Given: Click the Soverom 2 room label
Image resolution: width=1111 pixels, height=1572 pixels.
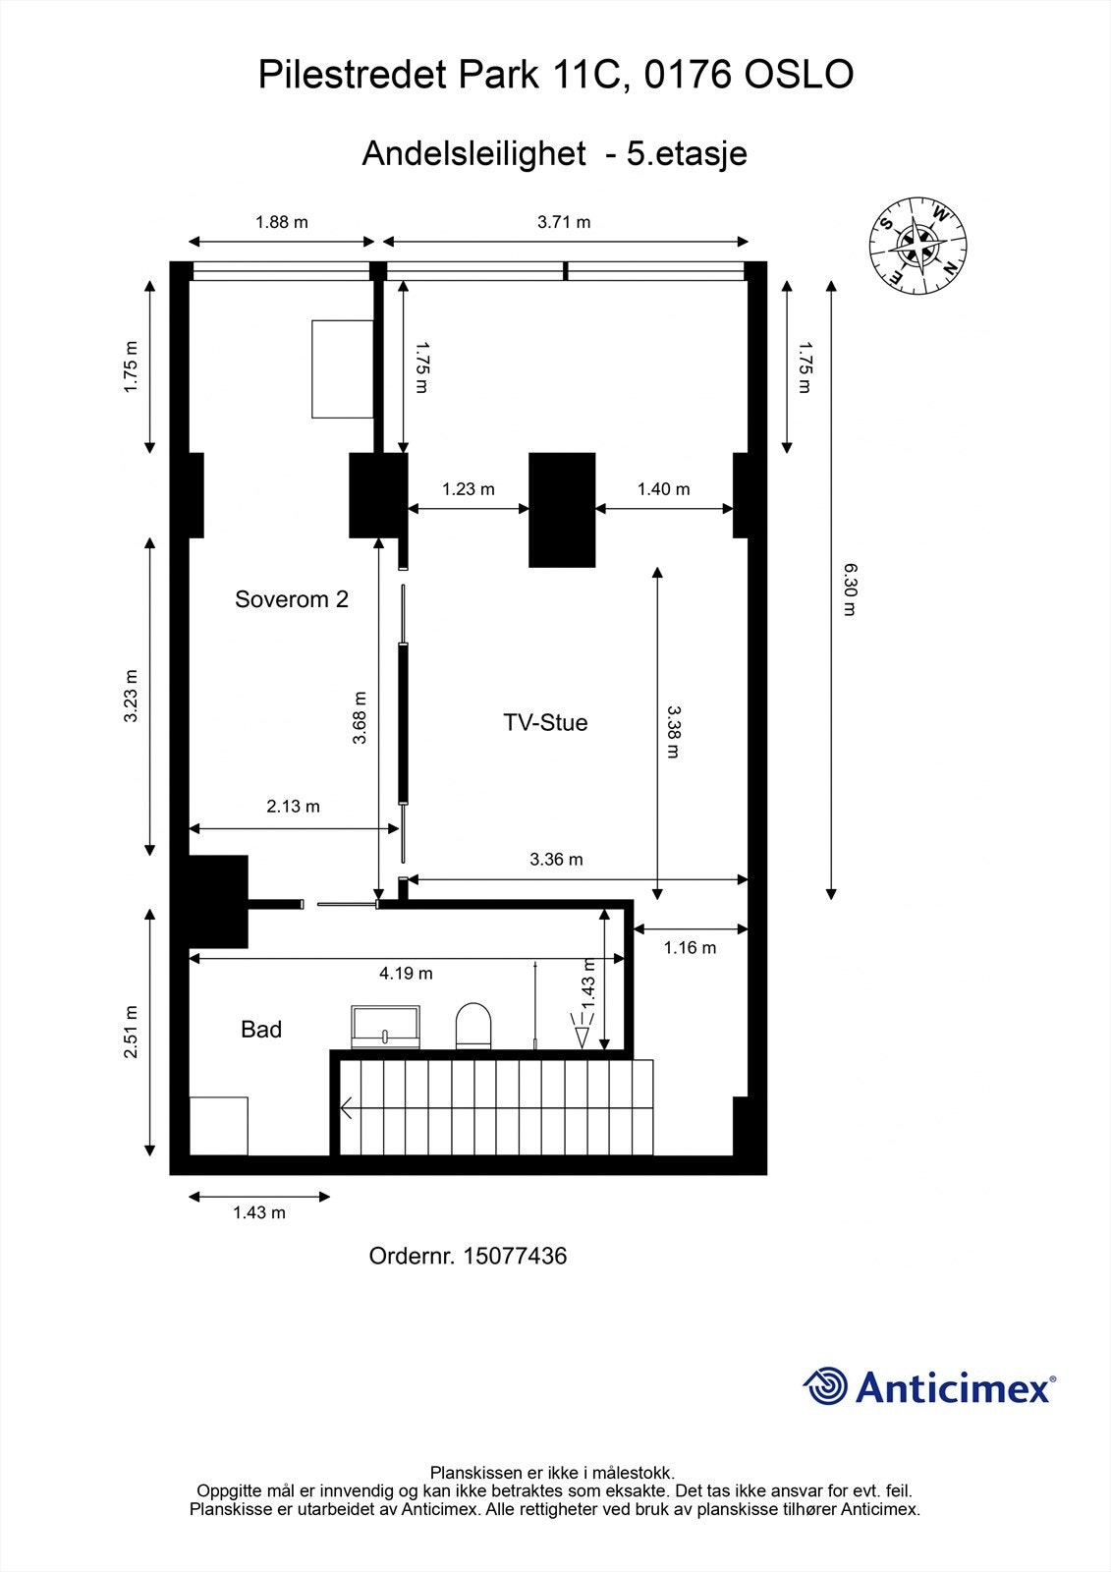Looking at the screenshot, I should coord(291,599).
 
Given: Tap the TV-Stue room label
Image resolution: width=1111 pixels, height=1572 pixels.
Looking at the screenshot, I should coord(545,722).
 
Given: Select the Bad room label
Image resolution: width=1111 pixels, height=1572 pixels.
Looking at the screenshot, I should coord(261,1029).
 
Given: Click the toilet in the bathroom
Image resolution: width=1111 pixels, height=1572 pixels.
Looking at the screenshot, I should coord(473,1026).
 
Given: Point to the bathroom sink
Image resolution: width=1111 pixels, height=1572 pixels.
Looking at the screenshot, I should coord(386,1027).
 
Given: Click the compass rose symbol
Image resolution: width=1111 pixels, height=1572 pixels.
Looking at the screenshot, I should coord(918,245).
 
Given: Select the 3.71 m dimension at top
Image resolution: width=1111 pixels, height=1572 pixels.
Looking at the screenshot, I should coord(564,222).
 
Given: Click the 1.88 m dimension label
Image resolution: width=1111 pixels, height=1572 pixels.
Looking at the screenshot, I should coord(282,222).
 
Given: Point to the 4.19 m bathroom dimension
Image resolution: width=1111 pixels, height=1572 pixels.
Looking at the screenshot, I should coord(406,974).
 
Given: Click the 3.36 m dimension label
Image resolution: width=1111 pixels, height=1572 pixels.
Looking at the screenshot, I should coord(556,859).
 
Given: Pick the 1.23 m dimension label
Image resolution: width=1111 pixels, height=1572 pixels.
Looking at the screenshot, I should coord(468,488).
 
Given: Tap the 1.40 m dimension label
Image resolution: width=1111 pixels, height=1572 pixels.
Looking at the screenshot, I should coord(663,488).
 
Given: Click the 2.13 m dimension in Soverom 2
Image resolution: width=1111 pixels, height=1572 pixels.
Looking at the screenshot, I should coord(293,807).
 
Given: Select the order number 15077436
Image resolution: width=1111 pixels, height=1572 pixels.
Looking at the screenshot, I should coord(515,1256).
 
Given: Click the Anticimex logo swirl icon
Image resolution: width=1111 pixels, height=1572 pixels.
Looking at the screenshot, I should coord(825,1386).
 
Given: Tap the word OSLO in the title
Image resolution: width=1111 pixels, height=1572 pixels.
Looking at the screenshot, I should coord(798,75).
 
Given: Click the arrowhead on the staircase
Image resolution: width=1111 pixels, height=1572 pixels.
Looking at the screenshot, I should coord(346,1109).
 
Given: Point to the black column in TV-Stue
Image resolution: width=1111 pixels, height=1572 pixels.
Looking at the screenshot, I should coord(562,509).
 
